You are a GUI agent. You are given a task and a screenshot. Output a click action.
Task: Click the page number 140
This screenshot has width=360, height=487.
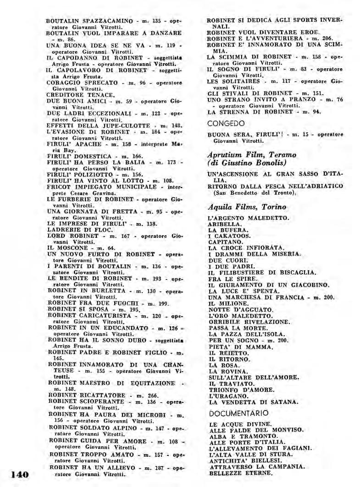pyautogui.click(x=18, y=474)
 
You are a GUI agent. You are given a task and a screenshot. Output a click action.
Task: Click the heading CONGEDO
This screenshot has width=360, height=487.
pyautogui.click(x=226, y=123)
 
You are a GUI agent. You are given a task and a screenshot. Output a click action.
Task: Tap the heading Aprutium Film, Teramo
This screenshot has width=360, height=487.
pyautogui.click(x=251, y=154)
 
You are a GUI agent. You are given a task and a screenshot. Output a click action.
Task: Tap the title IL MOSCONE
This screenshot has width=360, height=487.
pyautogui.click(x=65, y=247)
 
